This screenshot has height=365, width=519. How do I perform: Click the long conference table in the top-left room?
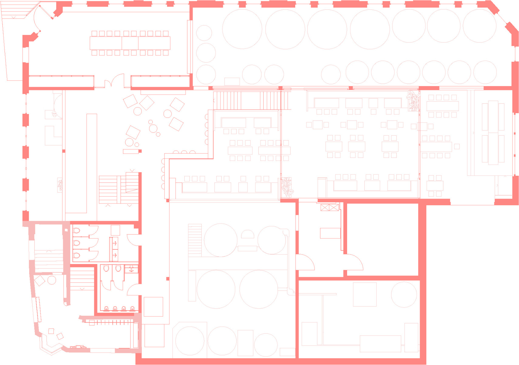tap(130, 43)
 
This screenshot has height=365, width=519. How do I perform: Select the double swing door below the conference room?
tap(114, 81)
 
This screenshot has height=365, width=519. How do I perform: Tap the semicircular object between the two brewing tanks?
tap(247, 234)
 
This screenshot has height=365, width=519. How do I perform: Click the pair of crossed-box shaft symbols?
tap(329, 208)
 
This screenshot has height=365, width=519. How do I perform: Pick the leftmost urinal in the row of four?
tap(107, 308)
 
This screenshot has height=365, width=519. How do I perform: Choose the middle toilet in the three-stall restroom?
tap(77, 243)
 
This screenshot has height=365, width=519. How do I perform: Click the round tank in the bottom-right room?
tap(404, 294)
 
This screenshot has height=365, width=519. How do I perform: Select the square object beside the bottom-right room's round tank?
tap(364, 294)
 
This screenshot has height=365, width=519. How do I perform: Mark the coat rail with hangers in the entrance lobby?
tap(111, 322)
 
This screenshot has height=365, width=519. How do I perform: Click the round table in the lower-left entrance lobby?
tap(52, 280)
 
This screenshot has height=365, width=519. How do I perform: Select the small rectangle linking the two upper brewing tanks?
tap(247, 249)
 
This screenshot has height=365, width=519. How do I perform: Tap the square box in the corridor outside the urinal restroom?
tap(153, 307)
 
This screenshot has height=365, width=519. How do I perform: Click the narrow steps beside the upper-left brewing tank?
tap(195, 240)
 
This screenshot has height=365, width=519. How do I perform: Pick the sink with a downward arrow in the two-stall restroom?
tap(131, 269)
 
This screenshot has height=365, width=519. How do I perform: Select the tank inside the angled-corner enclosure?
tap(190, 341)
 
